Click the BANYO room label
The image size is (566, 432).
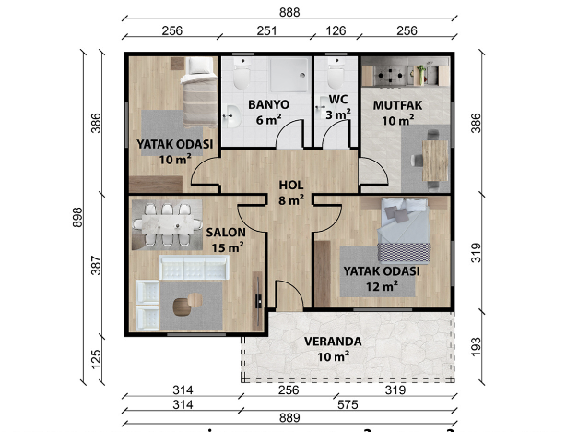pyautogui.click(x=268, y=104)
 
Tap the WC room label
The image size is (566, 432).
pyautogui.click(x=338, y=100)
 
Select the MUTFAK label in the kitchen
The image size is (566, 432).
pyautogui.click(x=397, y=105)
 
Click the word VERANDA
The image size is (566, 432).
pyautogui.click(x=333, y=342)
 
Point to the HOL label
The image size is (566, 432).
pyautogui.click(x=291, y=186)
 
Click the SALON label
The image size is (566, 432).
pyautogui.click(x=226, y=232)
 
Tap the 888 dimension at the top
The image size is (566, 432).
pyautogui.click(x=289, y=12)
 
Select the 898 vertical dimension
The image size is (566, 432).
pyautogui.click(x=77, y=217)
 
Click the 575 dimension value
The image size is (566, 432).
pyautogui.click(x=348, y=404)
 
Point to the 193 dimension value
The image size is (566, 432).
pyautogui.click(x=476, y=346)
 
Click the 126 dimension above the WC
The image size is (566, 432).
pyautogui.click(x=336, y=30)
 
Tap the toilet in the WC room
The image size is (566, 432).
pyautogui.click(x=336, y=74)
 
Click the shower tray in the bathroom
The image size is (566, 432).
pyautogui.click(x=289, y=75)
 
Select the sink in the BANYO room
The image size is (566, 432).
pyautogui.click(x=231, y=116)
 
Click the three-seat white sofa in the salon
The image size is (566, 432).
pyautogui.click(x=194, y=268)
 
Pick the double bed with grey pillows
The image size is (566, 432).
pyautogui.click(x=404, y=230)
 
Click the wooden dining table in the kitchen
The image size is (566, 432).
pyautogui.click(x=435, y=161)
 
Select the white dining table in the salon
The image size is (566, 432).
pyautogui.click(x=168, y=224)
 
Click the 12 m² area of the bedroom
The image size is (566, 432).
pyautogui.click(x=382, y=286)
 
